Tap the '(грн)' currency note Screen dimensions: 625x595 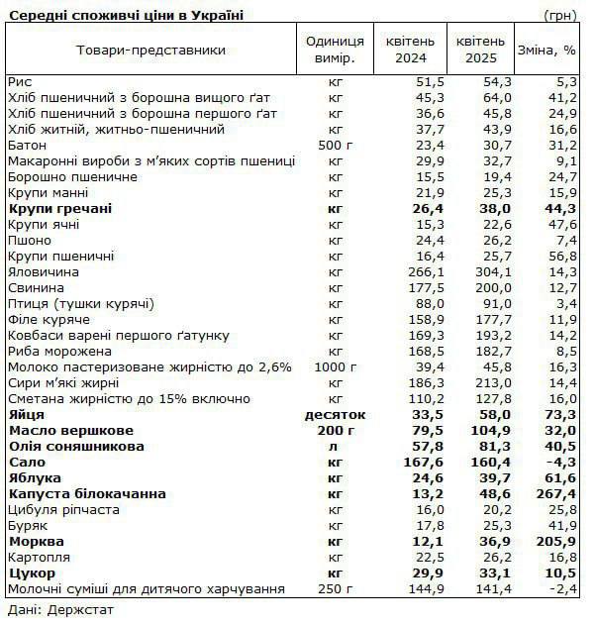tap(561, 15)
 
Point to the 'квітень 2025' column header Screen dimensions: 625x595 tap(480, 50)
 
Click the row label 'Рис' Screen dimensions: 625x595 tap(20, 81)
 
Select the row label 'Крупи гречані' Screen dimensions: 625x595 tap(59, 208)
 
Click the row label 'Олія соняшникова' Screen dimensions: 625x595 tap(76, 446)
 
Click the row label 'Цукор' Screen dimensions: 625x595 tap(32, 573)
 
